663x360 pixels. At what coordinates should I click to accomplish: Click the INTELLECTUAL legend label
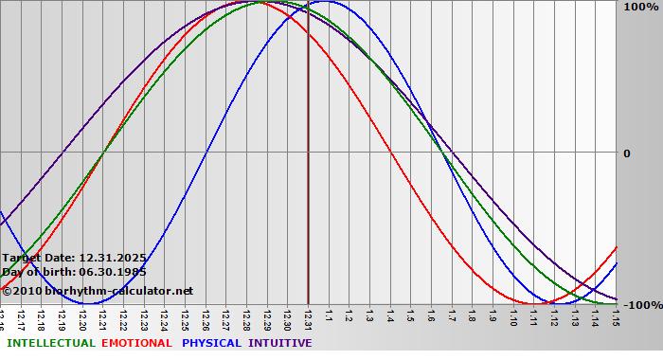50,343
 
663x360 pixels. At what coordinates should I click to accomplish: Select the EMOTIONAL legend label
136,343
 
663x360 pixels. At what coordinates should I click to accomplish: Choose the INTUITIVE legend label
279,343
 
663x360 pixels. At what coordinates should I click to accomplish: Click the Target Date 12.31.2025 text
73,258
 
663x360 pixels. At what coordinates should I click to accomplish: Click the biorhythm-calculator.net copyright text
97,291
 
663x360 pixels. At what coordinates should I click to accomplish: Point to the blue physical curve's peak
323,2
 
